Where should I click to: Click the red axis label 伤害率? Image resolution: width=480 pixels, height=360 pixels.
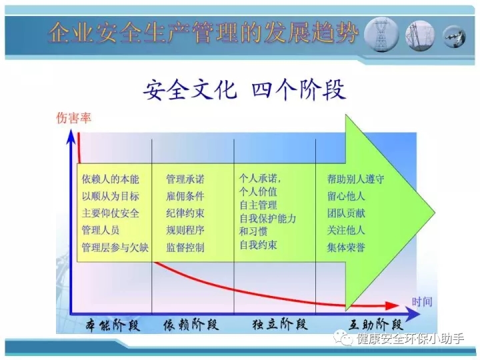click(x=74, y=118)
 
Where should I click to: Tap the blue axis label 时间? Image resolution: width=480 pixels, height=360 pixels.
click(x=422, y=302)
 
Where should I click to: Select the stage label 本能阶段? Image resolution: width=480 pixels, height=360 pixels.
click(x=113, y=325)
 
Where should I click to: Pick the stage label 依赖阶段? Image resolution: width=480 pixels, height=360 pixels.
click(x=191, y=325)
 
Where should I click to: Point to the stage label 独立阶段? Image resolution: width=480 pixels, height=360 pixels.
click(x=280, y=324)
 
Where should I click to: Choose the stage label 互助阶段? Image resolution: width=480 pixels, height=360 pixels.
click(x=375, y=324)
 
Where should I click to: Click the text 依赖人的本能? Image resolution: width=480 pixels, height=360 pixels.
click(x=111, y=179)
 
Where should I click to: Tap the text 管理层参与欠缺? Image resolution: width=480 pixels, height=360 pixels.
click(x=115, y=247)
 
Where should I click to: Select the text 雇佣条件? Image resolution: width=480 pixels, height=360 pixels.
click(x=185, y=196)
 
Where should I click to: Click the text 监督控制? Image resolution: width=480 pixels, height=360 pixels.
click(x=185, y=247)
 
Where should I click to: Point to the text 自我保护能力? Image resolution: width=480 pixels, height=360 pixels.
click(x=268, y=218)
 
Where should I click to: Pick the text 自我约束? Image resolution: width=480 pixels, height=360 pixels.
click(x=259, y=245)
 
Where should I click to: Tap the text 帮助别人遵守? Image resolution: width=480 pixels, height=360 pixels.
click(x=356, y=179)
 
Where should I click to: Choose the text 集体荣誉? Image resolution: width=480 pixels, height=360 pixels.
click(x=346, y=247)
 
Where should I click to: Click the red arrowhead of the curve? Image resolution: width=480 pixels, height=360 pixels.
click(x=392, y=305)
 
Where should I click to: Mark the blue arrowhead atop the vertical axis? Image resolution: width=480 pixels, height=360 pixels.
click(x=71, y=136)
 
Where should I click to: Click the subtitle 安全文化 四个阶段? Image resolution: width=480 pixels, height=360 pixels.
click(x=244, y=90)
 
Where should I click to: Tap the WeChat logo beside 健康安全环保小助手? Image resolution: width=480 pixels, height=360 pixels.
click(x=343, y=338)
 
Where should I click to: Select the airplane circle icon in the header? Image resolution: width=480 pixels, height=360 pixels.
click(x=454, y=37)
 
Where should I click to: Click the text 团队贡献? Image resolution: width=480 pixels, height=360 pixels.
click(x=346, y=213)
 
